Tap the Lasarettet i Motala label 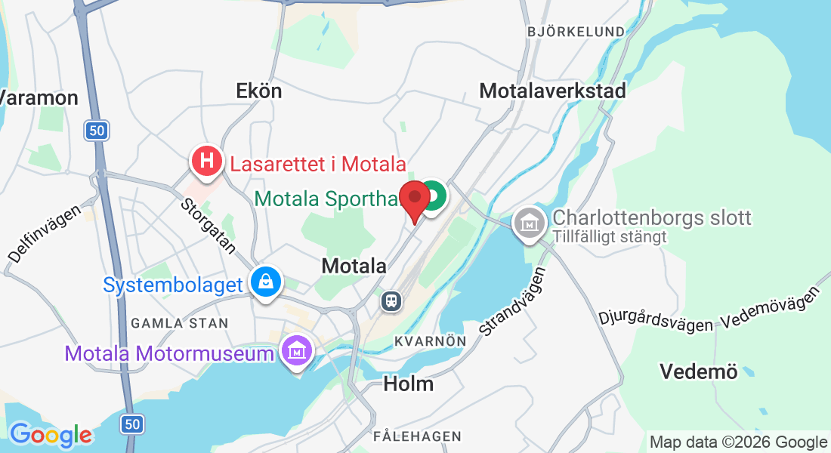coord(318,164)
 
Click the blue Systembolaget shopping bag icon coord(266,282)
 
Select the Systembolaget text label coord(173,285)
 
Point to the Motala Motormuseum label coord(169,353)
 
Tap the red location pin coord(415,199)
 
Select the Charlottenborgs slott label coord(652,218)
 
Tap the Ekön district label coord(259,91)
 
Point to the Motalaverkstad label coord(553,91)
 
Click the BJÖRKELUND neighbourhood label coord(576,32)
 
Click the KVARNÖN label coord(430,341)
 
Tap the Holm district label coord(409,384)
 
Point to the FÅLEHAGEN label coord(417,436)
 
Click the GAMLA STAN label coord(179,323)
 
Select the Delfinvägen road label coord(45,225)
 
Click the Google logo coord(51,434)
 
